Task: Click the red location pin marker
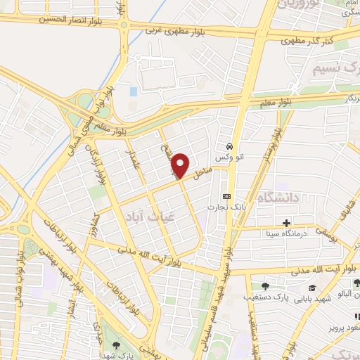pyautogui.click(x=181, y=165)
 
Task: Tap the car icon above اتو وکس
pyautogui.click(x=229, y=146)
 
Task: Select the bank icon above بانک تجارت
pyautogui.click(x=226, y=196)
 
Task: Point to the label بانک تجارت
pyautogui.click(x=224, y=207)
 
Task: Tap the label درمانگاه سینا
pyautogui.click(x=290, y=233)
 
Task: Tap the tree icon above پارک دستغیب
pyautogui.click(x=265, y=285)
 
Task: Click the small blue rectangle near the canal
pyautogui.click(x=134, y=91)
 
